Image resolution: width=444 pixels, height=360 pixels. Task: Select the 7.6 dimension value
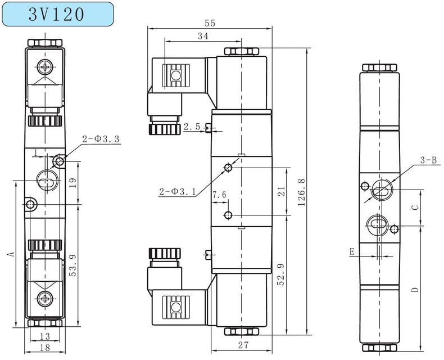(x=219, y=195)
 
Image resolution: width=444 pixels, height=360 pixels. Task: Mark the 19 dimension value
(x=72, y=182)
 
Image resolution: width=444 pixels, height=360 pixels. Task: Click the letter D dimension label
(x=415, y=290)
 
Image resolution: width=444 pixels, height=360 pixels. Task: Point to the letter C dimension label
(x=415, y=207)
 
